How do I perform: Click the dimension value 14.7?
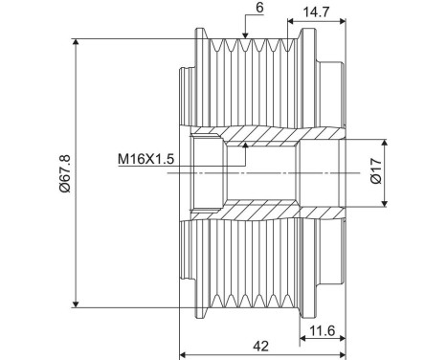click(315, 12)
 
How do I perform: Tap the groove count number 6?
click(259, 8)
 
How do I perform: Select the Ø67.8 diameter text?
click(64, 173)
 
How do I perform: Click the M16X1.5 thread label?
click(145, 159)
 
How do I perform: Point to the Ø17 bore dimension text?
click(376, 171)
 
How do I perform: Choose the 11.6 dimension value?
click(323, 331)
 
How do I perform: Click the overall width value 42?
click(260, 346)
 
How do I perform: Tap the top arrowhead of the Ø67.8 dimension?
click(76, 42)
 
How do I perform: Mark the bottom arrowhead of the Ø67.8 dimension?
click(76, 304)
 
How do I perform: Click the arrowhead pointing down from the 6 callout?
click(245, 35)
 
